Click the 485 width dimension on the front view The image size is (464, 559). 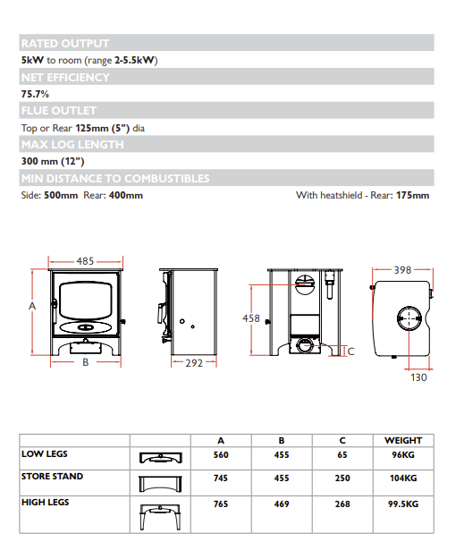[x=85, y=261]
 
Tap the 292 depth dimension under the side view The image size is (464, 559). [x=194, y=363]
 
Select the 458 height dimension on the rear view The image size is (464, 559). [x=251, y=318]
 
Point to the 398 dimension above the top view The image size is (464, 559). [x=402, y=270]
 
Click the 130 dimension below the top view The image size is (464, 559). [x=418, y=377]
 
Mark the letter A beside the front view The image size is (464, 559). [x=32, y=306]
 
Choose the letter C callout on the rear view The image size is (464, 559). [x=351, y=351]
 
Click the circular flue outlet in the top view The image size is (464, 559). [x=409, y=318]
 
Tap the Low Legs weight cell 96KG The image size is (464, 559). [x=403, y=455]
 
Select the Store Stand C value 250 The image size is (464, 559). [x=342, y=479]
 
